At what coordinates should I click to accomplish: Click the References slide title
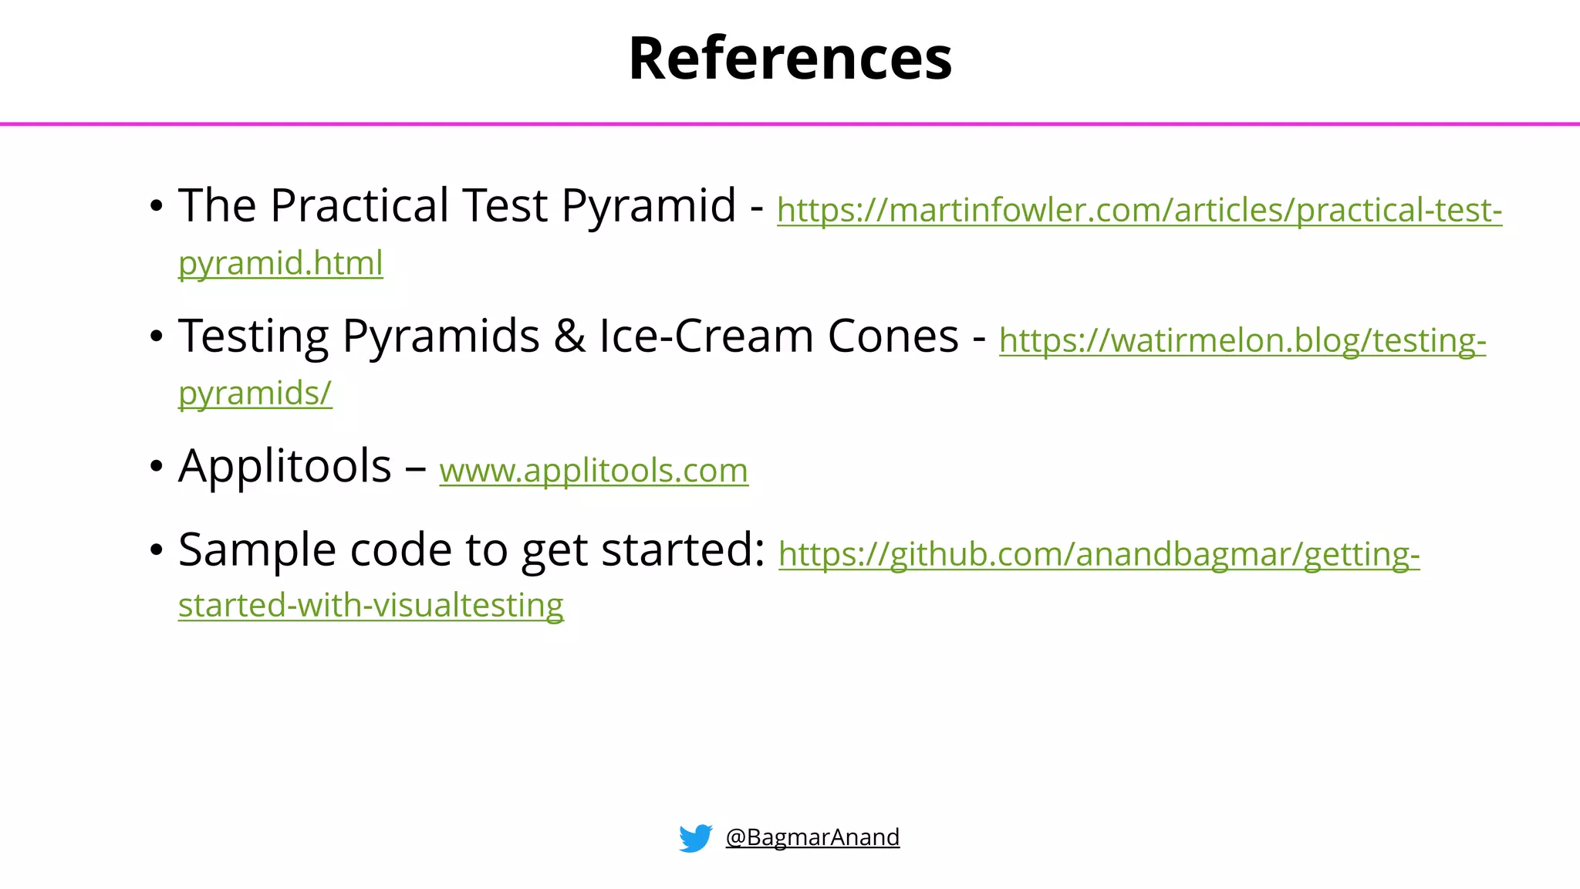790,59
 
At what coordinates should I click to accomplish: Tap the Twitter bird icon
695,837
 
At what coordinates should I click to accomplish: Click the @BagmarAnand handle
812,837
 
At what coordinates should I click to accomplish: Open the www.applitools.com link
593,470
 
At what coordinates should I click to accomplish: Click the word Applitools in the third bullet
285,466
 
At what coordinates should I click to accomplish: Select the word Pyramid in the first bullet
648,206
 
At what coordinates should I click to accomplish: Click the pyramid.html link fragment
280,263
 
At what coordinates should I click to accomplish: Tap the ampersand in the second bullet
569,336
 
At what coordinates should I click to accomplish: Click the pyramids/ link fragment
255,393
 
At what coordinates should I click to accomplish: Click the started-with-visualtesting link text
370,605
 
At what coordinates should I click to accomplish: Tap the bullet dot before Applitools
157,467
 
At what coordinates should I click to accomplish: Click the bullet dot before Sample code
157,551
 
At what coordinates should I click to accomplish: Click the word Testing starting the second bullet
254,336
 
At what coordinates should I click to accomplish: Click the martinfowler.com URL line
1139,210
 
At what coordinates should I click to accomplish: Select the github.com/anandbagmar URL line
1099,554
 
